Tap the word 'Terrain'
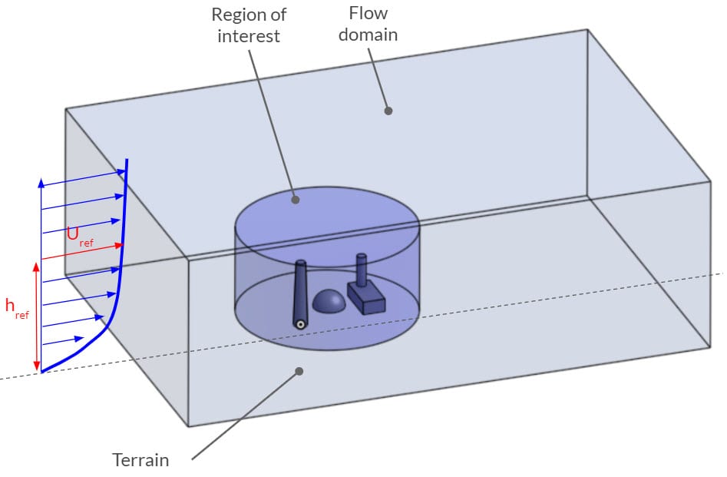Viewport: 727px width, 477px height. [x=140, y=460]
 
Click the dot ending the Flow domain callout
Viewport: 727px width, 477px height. [x=388, y=111]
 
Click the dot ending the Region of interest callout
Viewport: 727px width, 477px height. [x=294, y=200]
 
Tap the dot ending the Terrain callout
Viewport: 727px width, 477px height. [x=300, y=371]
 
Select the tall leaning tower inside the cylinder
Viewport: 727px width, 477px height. [x=300, y=292]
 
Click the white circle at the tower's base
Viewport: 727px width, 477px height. [x=301, y=324]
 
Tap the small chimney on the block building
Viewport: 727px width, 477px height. [x=361, y=269]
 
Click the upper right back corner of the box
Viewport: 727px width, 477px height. [x=587, y=30]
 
